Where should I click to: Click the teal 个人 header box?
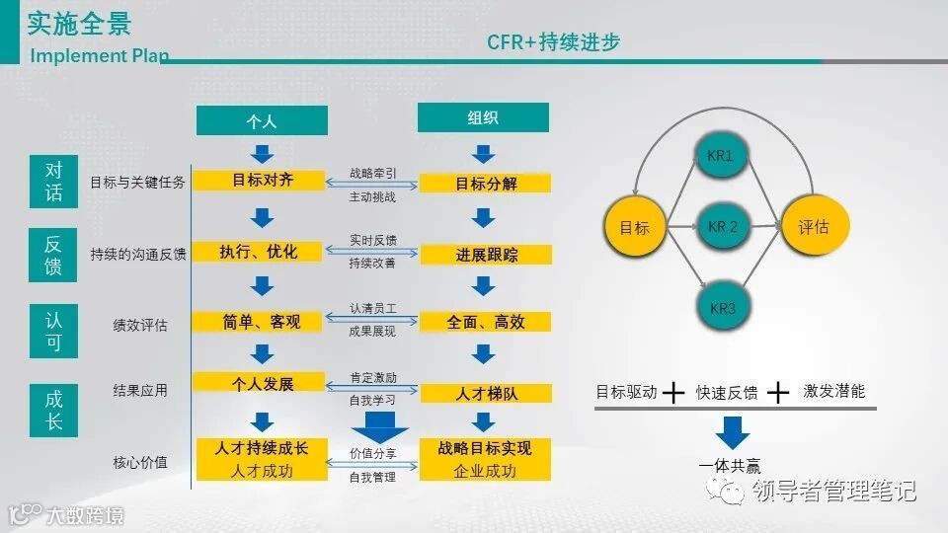[x=262, y=120]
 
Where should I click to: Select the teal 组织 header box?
[x=483, y=117]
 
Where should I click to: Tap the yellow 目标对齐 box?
[x=258, y=181]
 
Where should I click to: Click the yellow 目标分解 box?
[x=486, y=184]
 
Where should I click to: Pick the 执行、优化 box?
[x=258, y=252]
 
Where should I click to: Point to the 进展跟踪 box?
[x=486, y=255]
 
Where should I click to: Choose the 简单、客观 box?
[x=260, y=322]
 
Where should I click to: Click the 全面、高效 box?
[x=486, y=322]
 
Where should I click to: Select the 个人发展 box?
[x=260, y=383]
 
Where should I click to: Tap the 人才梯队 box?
[x=486, y=393]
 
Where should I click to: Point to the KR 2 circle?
[x=723, y=227]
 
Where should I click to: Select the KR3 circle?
[x=723, y=309]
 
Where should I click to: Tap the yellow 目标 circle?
[x=635, y=227]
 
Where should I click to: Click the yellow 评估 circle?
[x=814, y=227]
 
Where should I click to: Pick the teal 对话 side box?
[x=53, y=182]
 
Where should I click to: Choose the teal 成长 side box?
[x=53, y=411]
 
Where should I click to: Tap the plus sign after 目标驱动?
[x=673, y=393]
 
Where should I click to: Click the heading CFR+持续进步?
[x=552, y=42]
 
